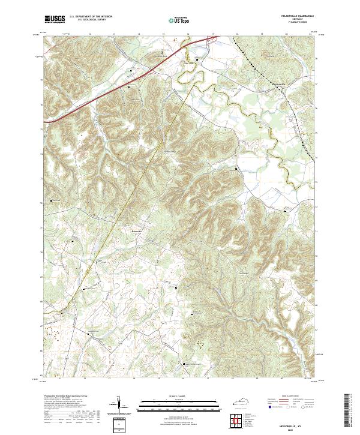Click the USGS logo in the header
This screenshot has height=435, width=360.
[55, 20]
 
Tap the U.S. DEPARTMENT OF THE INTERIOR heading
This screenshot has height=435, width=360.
[91, 17]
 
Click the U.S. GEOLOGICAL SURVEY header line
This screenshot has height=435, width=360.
[87, 20]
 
